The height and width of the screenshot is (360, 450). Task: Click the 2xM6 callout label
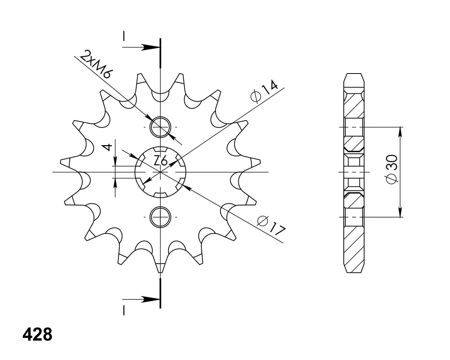tap(96, 64)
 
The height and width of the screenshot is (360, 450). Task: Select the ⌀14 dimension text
tap(264, 92)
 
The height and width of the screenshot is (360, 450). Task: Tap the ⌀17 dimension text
tap(271, 225)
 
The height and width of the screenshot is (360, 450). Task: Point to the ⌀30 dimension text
tap(392, 169)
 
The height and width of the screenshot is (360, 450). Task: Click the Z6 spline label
tap(161, 161)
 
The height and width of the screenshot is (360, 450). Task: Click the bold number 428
tap(37, 335)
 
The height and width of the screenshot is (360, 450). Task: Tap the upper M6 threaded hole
tap(161, 126)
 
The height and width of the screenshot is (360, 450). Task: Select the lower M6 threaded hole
tap(161, 217)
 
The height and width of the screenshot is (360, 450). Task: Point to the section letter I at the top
tap(124, 36)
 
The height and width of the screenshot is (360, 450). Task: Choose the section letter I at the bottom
tap(124, 310)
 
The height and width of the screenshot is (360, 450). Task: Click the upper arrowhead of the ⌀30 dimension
tap(400, 131)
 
